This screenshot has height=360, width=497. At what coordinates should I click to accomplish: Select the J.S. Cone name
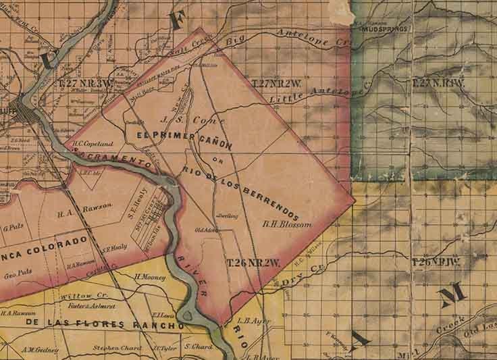pos(182,121)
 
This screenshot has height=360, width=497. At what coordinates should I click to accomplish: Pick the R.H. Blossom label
pos(286,224)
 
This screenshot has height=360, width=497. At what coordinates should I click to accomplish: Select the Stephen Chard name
pos(111,349)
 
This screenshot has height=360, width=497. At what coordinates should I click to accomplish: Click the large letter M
pos(451,295)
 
